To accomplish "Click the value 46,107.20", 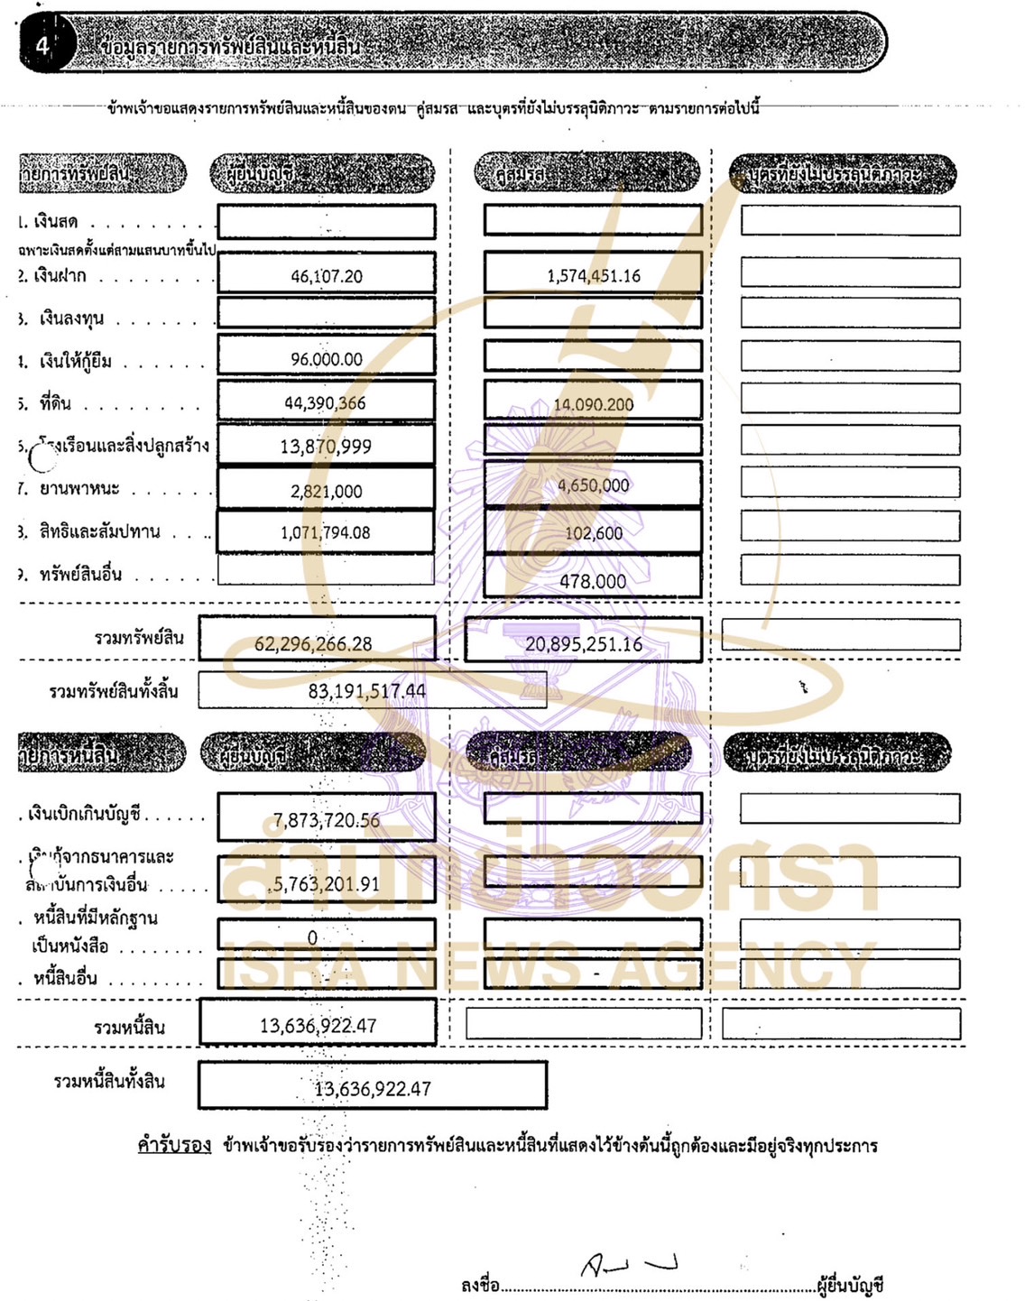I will click(x=327, y=276).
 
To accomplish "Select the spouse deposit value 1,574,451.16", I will click(x=594, y=275).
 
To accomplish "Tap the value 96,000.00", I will click(x=327, y=359).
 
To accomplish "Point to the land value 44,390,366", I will click(x=325, y=403).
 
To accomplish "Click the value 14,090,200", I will click(x=594, y=404).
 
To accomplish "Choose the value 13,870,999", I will click(x=326, y=446).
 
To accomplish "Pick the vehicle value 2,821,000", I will click(x=327, y=491).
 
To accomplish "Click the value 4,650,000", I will click(x=594, y=485).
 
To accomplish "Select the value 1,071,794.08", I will click(x=326, y=532).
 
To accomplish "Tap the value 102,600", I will click(x=594, y=533).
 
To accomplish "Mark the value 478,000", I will click(x=593, y=581).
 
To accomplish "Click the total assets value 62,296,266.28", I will click(x=313, y=643).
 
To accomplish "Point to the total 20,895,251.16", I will click(x=584, y=644).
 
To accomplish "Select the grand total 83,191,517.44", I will click(x=367, y=691).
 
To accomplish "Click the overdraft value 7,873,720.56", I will click(x=327, y=820).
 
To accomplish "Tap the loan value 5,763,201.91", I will click(x=327, y=884).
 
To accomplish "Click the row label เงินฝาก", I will click(x=60, y=275).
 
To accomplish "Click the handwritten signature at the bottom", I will click(x=629, y=1265).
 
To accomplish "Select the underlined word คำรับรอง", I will click(x=174, y=1145).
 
